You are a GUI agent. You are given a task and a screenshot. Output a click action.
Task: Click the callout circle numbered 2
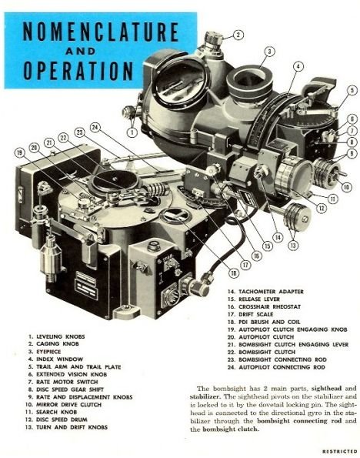238,35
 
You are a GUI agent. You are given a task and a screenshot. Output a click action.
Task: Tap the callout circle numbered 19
20,152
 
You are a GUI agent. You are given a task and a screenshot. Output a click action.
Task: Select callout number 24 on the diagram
95,127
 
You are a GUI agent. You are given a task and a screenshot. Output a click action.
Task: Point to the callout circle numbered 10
347,186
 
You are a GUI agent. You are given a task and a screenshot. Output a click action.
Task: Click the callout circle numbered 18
233,273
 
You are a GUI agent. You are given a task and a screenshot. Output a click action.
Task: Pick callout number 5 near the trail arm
352,90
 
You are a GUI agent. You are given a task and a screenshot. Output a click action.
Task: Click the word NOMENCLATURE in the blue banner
101,32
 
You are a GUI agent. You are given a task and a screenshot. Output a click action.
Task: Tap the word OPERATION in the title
78,71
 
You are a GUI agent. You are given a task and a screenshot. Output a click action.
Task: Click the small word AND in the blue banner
81,52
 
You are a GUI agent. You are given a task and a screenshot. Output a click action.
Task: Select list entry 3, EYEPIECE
45,352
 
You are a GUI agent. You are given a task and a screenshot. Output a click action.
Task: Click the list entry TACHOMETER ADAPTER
265,292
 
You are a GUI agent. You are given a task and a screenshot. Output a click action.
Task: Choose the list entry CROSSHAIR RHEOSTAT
265,306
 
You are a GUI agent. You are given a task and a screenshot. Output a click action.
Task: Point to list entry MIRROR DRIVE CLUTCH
63,405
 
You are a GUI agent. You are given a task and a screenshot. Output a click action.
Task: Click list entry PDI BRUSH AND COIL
264,322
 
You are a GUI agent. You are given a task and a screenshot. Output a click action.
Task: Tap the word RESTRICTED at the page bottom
340,452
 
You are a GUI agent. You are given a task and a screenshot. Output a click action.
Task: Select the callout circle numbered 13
293,246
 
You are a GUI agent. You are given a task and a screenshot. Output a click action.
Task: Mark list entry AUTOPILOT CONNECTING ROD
276,367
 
